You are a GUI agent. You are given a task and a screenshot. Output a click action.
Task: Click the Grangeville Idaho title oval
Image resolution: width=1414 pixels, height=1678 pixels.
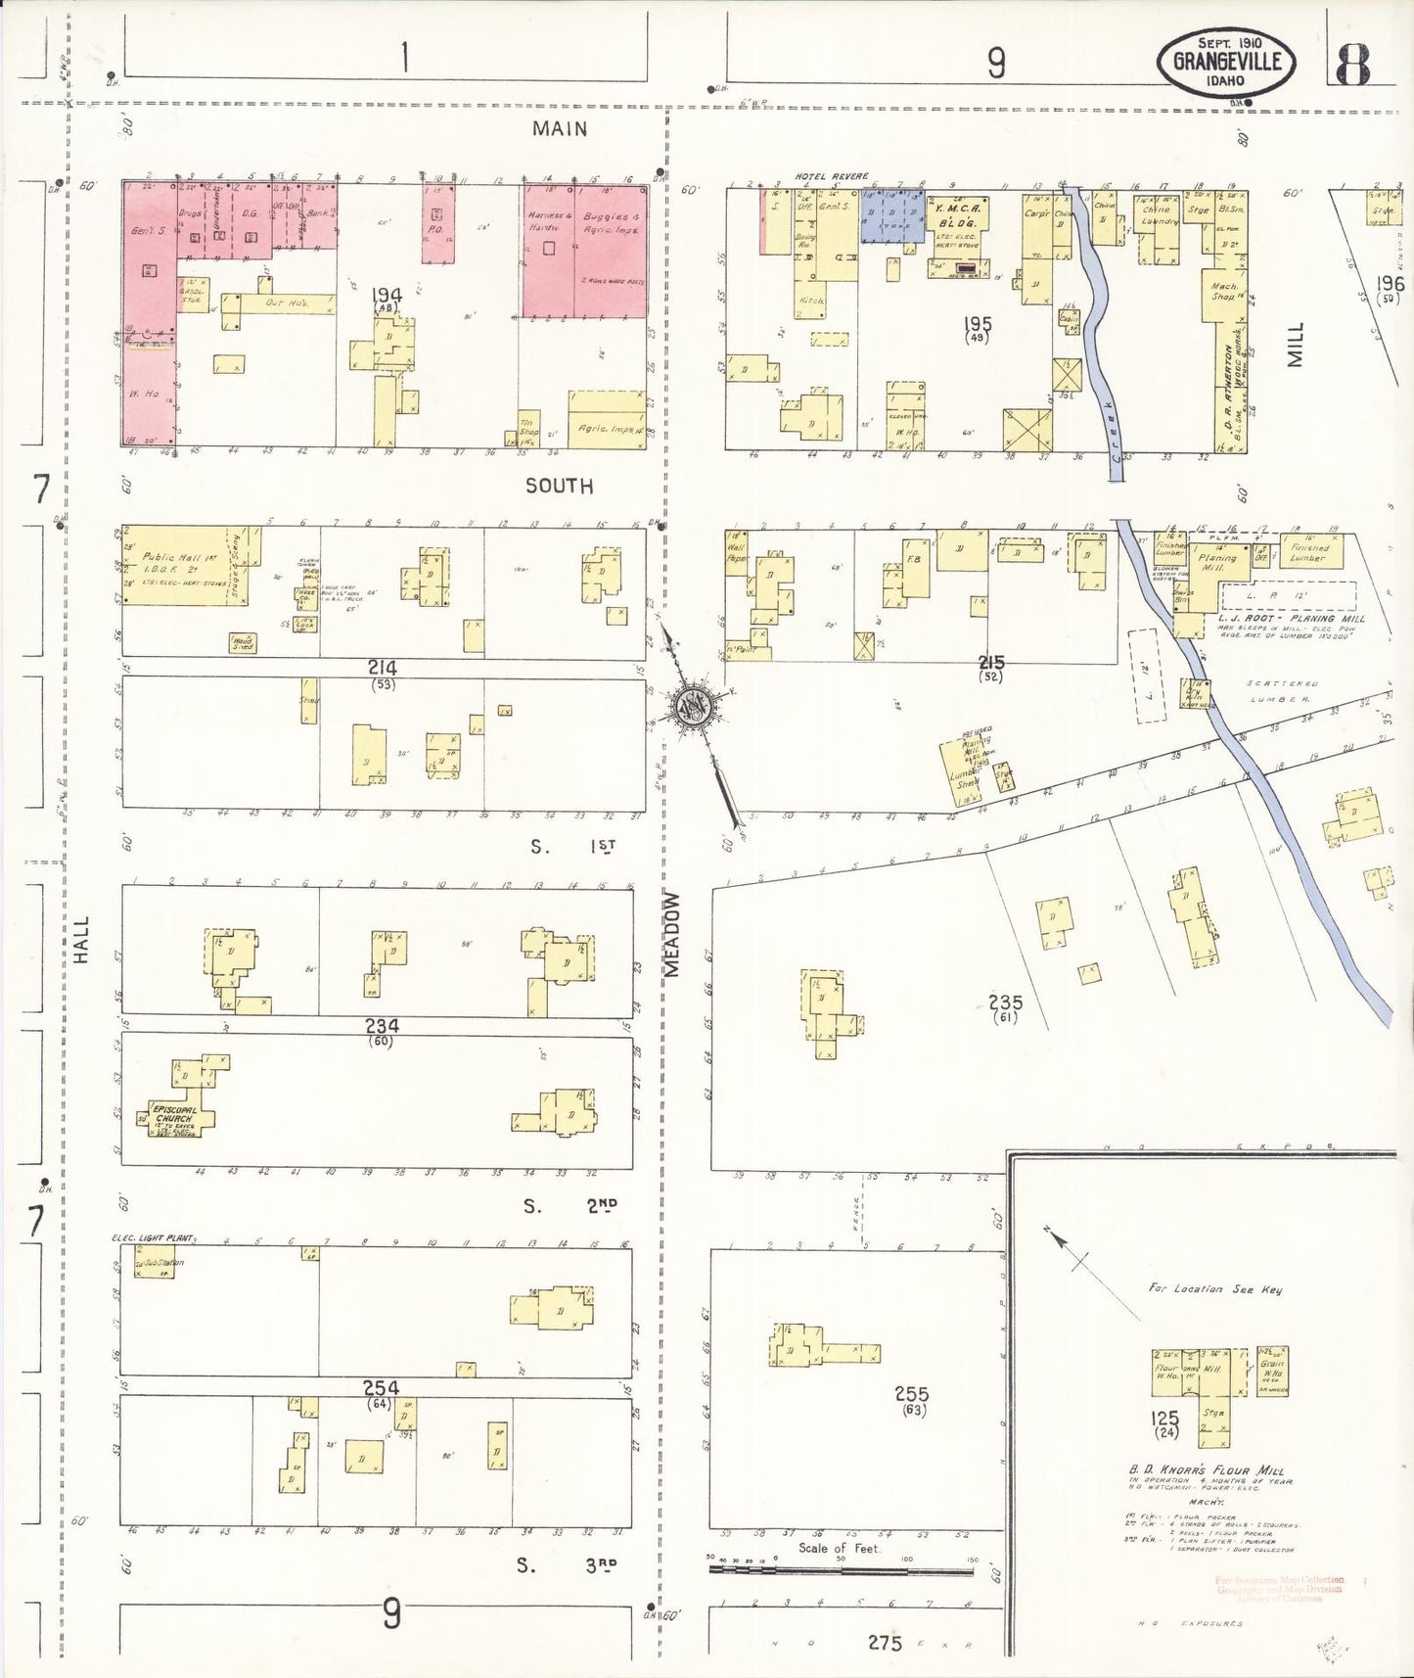(x=1227, y=61)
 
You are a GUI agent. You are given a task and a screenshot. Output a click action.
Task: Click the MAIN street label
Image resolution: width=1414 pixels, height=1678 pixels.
(x=560, y=128)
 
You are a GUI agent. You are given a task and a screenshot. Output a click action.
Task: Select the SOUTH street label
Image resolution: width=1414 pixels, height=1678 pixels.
(x=559, y=486)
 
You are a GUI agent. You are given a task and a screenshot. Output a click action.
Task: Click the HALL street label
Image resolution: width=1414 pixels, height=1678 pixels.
(x=81, y=939)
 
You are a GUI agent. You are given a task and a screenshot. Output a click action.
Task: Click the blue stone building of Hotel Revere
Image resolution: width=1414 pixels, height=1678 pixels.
(x=892, y=214)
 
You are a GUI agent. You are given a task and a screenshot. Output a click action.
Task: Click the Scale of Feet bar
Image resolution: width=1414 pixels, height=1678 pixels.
(x=842, y=1568)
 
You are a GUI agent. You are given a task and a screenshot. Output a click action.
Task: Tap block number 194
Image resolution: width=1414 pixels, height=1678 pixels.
(x=387, y=294)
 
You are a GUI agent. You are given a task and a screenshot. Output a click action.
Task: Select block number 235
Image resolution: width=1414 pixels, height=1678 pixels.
(x=1005, y=1002)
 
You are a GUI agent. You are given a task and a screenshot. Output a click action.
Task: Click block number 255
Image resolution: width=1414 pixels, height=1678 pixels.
(x=911, y=1394)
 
